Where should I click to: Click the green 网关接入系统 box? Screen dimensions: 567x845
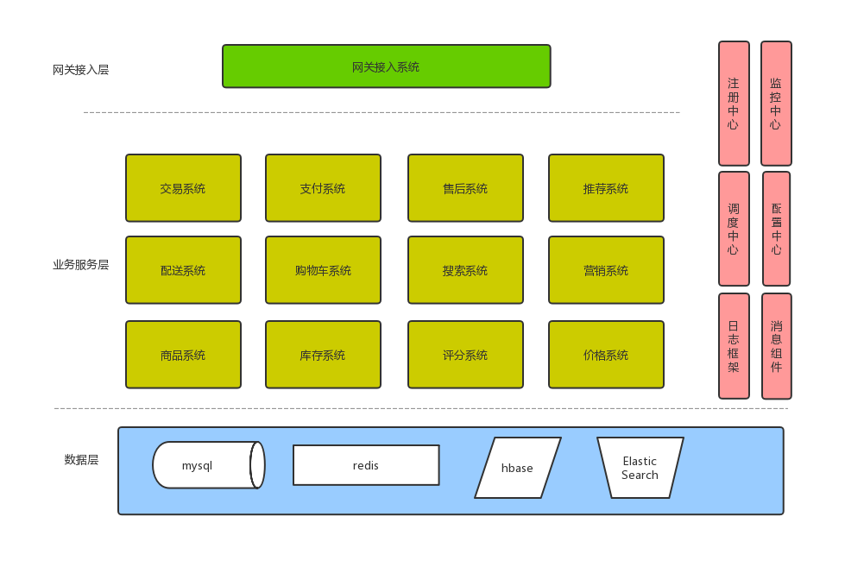pos(386,66)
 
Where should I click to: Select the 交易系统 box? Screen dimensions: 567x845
pos(183,188)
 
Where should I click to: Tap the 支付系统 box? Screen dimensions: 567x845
pos(323,188)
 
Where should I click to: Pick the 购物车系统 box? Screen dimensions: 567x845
pos(323,270)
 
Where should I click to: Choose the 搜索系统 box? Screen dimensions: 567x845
pos(465,270)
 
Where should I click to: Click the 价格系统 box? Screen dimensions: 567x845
pos(606,355)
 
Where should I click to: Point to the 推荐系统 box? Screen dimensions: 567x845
pos(606,188)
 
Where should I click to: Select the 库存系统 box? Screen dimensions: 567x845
pos(323,355)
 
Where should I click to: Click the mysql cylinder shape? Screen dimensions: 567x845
pos(207,465)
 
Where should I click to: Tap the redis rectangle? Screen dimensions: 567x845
pos(366,465)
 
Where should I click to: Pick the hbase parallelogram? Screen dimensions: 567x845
pos(517,468)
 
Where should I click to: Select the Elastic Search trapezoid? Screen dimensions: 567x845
pos(640,468)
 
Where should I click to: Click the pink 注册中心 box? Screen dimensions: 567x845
pos(733,103)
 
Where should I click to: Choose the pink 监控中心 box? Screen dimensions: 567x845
pos(775,103)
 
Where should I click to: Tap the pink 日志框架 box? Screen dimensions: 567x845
pos(734,346)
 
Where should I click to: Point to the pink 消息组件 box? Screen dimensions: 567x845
pos(776,346)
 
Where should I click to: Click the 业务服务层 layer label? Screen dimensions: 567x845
pos(80,265)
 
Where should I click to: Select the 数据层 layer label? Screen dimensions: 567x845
pos(81,459)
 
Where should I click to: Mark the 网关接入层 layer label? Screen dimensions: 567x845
pos(80,70)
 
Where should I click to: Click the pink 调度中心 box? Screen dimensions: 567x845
pos(733,229)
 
